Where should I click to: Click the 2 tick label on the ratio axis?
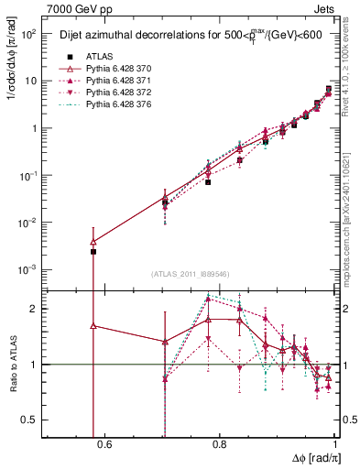(35, 309)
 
